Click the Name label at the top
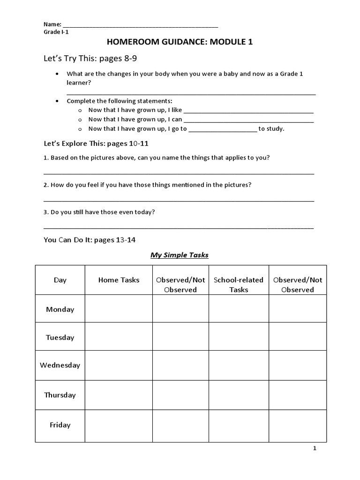tap(52, 24)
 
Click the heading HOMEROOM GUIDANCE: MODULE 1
tap(180, 42)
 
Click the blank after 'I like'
tap(248, 111)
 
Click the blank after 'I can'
tap(248, 120)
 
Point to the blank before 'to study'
tap(223, 129)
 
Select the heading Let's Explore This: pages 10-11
tap(96, 143)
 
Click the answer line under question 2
tap(179, 200)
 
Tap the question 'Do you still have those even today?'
tap(99, 212)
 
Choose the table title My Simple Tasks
tap(179, 255)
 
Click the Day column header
tap(60, 280)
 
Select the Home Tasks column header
tap(119, 280)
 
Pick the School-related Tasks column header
tap(239, 285)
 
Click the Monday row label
tap(60, 309)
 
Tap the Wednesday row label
tap(60, 365)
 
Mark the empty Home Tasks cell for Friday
tap(119, 425)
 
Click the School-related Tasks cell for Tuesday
tap(239, 337)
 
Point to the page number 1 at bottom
tap(315, 449)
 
